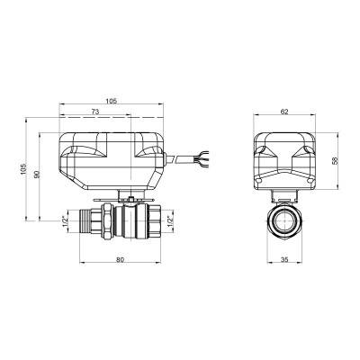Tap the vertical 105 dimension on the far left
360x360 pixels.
pos(23,173)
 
